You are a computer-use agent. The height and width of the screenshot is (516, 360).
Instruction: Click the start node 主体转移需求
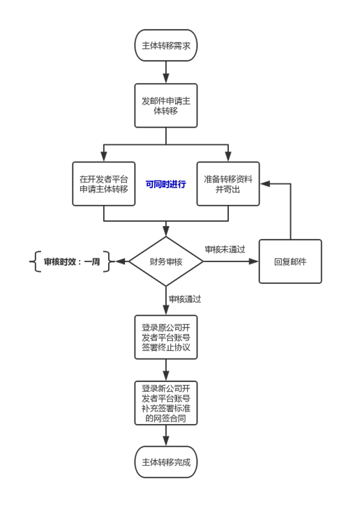pyautogui.click(x=166, y=45)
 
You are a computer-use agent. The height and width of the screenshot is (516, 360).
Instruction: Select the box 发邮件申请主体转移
pyautogui.click(x=166, y=105)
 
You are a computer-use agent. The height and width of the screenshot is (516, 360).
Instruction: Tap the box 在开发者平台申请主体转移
pyautogui.click(x=104, y=184)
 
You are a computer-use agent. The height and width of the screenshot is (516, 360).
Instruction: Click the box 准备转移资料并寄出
pyautogui.click(x=228, y=184)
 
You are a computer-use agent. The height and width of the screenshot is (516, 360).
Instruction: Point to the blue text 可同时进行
pyautogui.click(x=165, y=184)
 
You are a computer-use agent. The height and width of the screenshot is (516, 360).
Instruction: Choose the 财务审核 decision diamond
pyautogui.click(x=166, y=261)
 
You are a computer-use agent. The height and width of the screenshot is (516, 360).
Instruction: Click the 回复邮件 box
pyautogui.click(x=290, y=261)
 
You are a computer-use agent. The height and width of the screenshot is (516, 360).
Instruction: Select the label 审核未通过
pyautogui.click(x=225, y=249)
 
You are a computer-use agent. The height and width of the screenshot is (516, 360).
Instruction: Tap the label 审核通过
pyautogui.click(x=185, y=299)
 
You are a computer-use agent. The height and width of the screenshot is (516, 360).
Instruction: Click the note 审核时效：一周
pyautogui.click(x=72, y=261)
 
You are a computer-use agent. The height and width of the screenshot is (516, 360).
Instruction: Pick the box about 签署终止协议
pyautogui.click(x=166, y=337)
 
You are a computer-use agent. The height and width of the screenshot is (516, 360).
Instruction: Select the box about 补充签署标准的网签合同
pyautogui.click(x=166, y=403)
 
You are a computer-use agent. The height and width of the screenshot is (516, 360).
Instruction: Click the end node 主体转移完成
pyautogui.click(x=166, y=462)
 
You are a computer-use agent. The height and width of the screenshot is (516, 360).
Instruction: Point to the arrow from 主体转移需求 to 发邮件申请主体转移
pyautogui.click(x=166, y=72)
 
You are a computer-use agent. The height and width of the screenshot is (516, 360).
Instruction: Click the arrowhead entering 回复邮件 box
pyautogui.click(x=254, y=261)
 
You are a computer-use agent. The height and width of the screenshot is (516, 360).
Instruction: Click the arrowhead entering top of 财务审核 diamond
pyautogui.click(x=166, y=232)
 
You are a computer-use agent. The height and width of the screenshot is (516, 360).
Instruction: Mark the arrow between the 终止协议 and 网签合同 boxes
pyautogui.click(x=166, y=370)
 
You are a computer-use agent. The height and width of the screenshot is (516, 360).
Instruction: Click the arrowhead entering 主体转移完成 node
pyautogui.click(x=166, y=441)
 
